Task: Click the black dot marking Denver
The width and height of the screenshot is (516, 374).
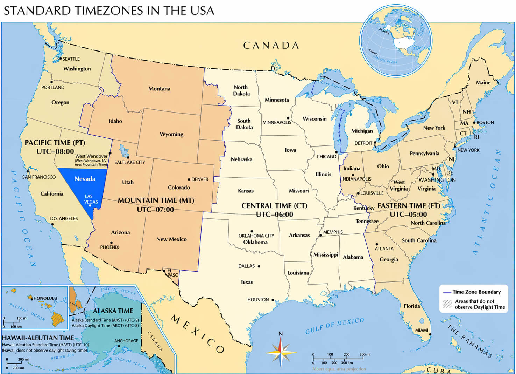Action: pyautogui.click(x=189, y=179)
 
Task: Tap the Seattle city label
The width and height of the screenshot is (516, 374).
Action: pyautogui.click(x=71, y=59)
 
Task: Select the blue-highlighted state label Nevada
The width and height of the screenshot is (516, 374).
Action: pyautogui.click(x=85, y=179)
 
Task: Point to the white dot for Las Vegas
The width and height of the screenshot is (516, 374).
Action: pyautogui.click(x=90, y=205)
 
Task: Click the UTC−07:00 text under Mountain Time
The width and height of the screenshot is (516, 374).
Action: pyautogui.click(x=155, y=210)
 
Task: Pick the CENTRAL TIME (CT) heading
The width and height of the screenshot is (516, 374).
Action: pyautogui.click(x=274, y=206)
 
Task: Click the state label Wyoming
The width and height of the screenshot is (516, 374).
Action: pyautogui.click(x=171, y=134)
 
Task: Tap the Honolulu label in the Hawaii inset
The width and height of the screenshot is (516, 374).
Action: pyautogui.click(x=45, y=298)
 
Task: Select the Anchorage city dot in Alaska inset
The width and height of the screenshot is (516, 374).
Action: pyautogui.click(x=119, y=346)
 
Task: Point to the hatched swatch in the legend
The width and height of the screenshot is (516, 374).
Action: pyautogui.click(x=447, y=304)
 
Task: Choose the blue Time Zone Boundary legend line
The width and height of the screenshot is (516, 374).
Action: pyautogui.click(x=447, y=292)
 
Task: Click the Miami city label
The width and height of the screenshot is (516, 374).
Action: pyautogui.click(x=422, y=330)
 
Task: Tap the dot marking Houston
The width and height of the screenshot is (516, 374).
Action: pyautogui.click(x=273, y=300)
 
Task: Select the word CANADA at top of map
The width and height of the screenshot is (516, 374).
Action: pyautogui.click(x=271, y=46)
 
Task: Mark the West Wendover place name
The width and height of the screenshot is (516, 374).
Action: pyautogui.click(x=91, y=156)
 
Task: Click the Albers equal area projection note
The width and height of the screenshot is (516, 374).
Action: pyautogui.click(x=339, y=369)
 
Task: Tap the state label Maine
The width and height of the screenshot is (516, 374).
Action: pyautogui.click(x=483, y=83)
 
